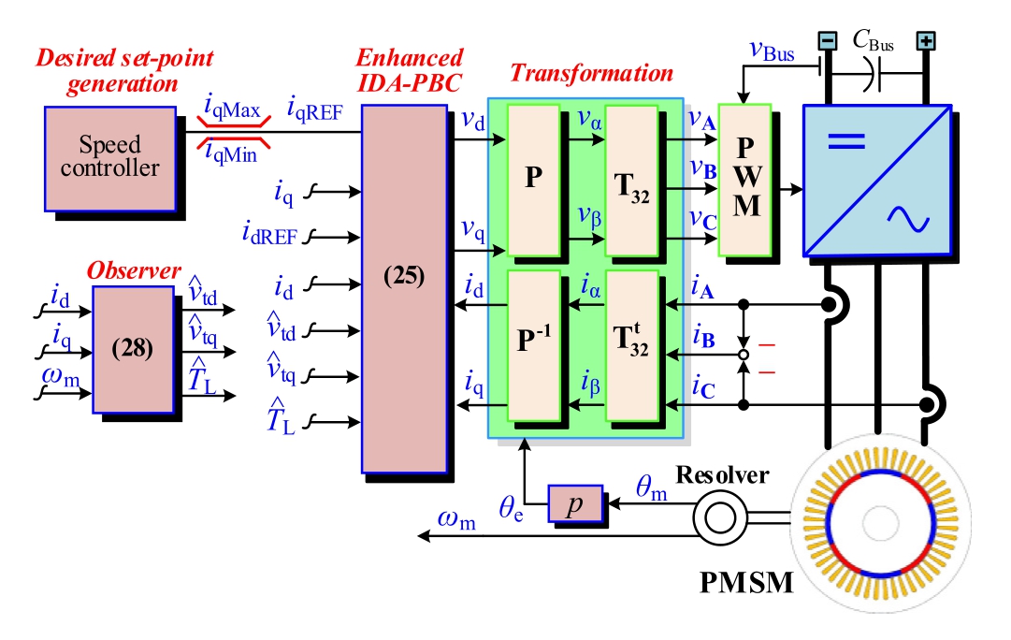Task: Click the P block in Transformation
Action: (x=533, y=178)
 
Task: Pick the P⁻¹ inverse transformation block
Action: (x=533, y=346)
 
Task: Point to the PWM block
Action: (x=744, y=178)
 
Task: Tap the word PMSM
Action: (x=747, y=584)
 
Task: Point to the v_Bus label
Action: (x=773, y=52)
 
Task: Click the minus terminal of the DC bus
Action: (x=828, y=40)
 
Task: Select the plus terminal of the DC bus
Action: (x=926, y=40)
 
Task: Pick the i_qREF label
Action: (x=314, y=112)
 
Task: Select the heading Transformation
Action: (x=590, y=73)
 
